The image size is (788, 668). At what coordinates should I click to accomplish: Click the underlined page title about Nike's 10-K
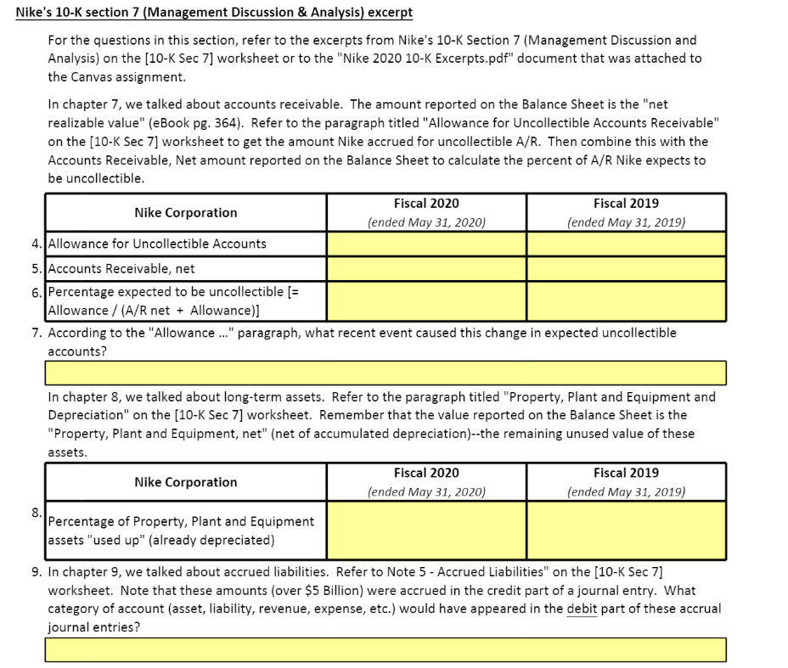tap(215, 14)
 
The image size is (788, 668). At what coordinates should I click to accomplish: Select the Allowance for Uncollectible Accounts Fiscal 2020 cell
tap(426, 244)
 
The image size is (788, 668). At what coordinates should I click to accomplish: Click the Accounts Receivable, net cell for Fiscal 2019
tap(626, 268)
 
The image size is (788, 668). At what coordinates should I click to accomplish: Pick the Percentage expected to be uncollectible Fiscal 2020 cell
tap(426, 301)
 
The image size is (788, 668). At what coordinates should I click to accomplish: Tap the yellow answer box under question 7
tap(386, 373)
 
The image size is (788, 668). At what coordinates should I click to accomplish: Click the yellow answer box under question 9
tap(386, 649)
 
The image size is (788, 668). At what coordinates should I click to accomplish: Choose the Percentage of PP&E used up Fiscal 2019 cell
tap(626, 530)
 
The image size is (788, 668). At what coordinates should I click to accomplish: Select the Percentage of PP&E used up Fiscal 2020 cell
tap(426, 530)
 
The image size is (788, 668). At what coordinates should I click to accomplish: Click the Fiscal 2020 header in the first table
tap(426, 204)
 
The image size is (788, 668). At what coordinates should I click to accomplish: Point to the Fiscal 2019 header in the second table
tap(626, 473)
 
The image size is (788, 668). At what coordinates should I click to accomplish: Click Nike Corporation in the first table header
tap(186, 212)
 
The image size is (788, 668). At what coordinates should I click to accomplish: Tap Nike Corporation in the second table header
tap(186, 482)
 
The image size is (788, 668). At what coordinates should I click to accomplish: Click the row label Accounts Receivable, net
tap(121, 269)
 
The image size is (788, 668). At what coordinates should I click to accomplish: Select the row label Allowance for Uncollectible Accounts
tap(157, 244)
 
